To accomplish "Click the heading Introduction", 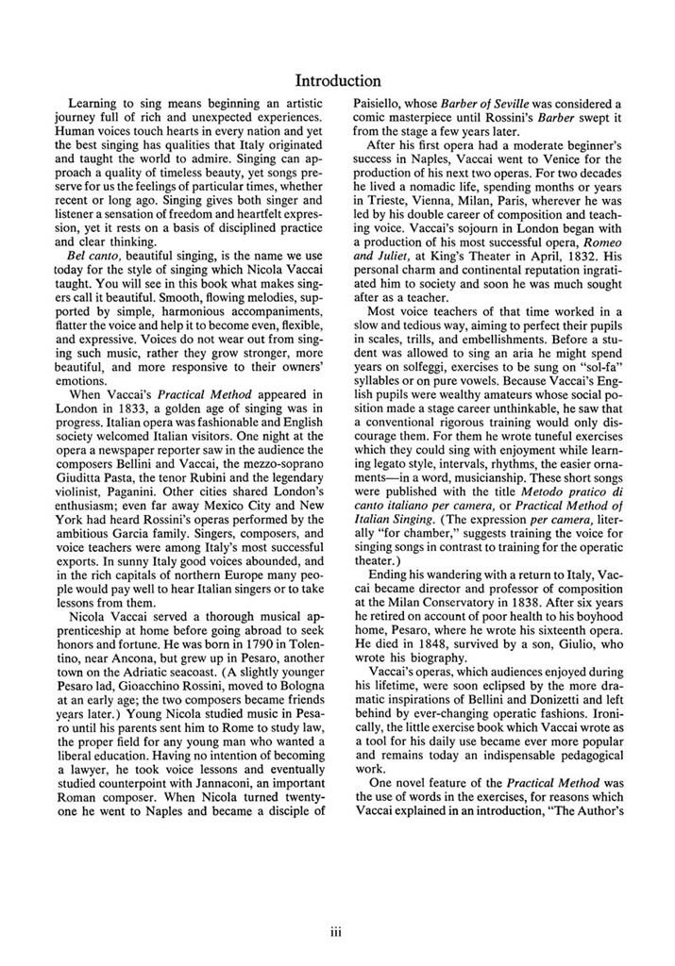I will pos(337,81).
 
